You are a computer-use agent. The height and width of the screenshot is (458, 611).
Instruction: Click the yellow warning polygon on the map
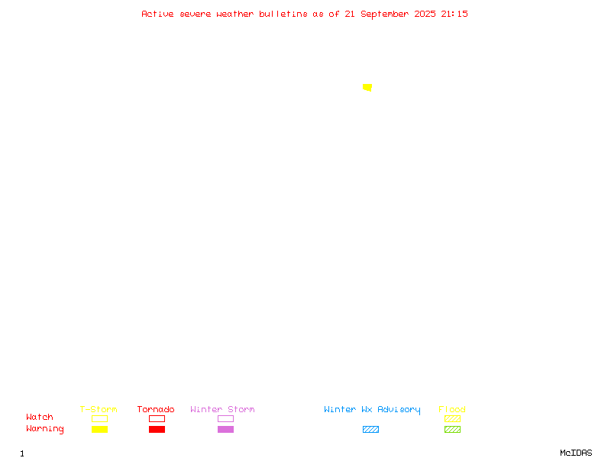367,87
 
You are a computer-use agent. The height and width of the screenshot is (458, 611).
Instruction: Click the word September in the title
385,15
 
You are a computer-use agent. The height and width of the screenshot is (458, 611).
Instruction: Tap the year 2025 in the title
425,14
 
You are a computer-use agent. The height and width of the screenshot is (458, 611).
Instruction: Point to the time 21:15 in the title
454,14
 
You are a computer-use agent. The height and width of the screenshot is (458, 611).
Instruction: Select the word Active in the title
157,14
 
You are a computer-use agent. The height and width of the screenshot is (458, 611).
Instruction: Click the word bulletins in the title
283,14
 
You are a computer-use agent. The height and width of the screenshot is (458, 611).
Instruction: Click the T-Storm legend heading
99,409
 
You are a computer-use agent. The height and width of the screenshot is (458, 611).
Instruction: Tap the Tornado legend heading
156,409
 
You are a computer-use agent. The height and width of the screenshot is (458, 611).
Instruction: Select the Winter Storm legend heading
222,409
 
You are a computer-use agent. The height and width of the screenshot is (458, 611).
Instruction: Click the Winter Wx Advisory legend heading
372,410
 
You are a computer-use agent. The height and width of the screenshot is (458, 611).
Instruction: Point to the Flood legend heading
452,409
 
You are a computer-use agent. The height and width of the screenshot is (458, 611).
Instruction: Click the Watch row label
40,417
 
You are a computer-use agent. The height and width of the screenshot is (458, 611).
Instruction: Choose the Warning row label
45,429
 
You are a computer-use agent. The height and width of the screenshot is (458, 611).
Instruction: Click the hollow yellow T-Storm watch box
100,415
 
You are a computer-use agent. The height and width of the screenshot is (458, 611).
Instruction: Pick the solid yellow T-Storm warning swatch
100,429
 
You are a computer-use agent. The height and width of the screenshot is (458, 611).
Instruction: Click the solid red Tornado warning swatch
157,429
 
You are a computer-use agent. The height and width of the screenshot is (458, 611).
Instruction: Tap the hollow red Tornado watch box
157,415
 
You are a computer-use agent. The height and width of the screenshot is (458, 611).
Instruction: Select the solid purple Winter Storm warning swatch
225,429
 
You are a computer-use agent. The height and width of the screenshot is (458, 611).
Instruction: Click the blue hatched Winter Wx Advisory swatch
370,429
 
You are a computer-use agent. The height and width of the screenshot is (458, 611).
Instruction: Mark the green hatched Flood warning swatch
452,429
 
